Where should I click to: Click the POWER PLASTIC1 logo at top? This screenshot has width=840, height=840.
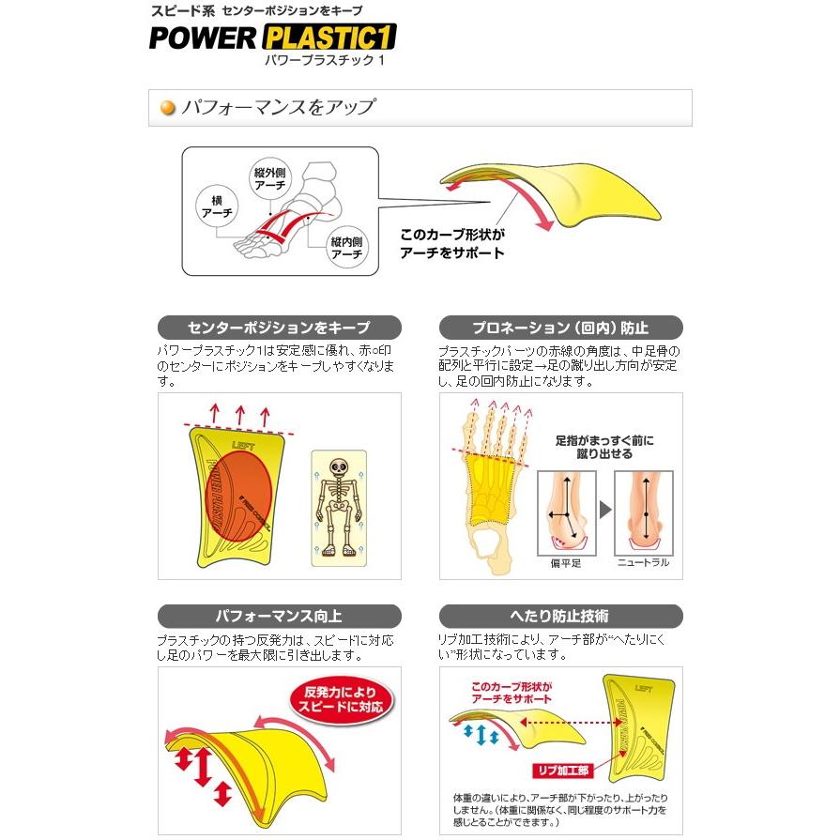pyautogui.click(x=272, y=37)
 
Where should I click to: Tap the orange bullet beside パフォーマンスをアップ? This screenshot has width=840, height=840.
pyautogui.click(x=169, y=107)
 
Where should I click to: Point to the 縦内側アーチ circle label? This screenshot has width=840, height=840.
pyautogui.click(x=346, y=248)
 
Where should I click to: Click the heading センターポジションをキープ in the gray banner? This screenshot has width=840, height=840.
pyautogui.click(x=279, y=328)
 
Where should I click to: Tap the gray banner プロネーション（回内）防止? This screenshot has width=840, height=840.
pyautogui.click(x=560, y=328)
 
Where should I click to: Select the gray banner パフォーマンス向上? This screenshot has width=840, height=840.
pyautogui.click(x=279, y=617)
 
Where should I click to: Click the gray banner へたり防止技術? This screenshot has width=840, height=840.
pyautogui.click(x=560, y=617)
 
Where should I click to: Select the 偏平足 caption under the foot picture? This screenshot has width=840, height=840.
pyautogui.click(x=567, y=563)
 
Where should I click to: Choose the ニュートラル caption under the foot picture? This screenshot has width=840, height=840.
pyautogui.click(x=643, y=563)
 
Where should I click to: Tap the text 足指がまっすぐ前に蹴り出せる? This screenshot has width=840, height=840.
pyautogui.click(x=605, y=447)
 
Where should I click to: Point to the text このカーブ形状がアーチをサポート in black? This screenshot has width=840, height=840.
pyautogui.click(x=452, y=244)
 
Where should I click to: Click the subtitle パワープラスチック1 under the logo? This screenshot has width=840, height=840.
pyautogui.click(x=325, y=59)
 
